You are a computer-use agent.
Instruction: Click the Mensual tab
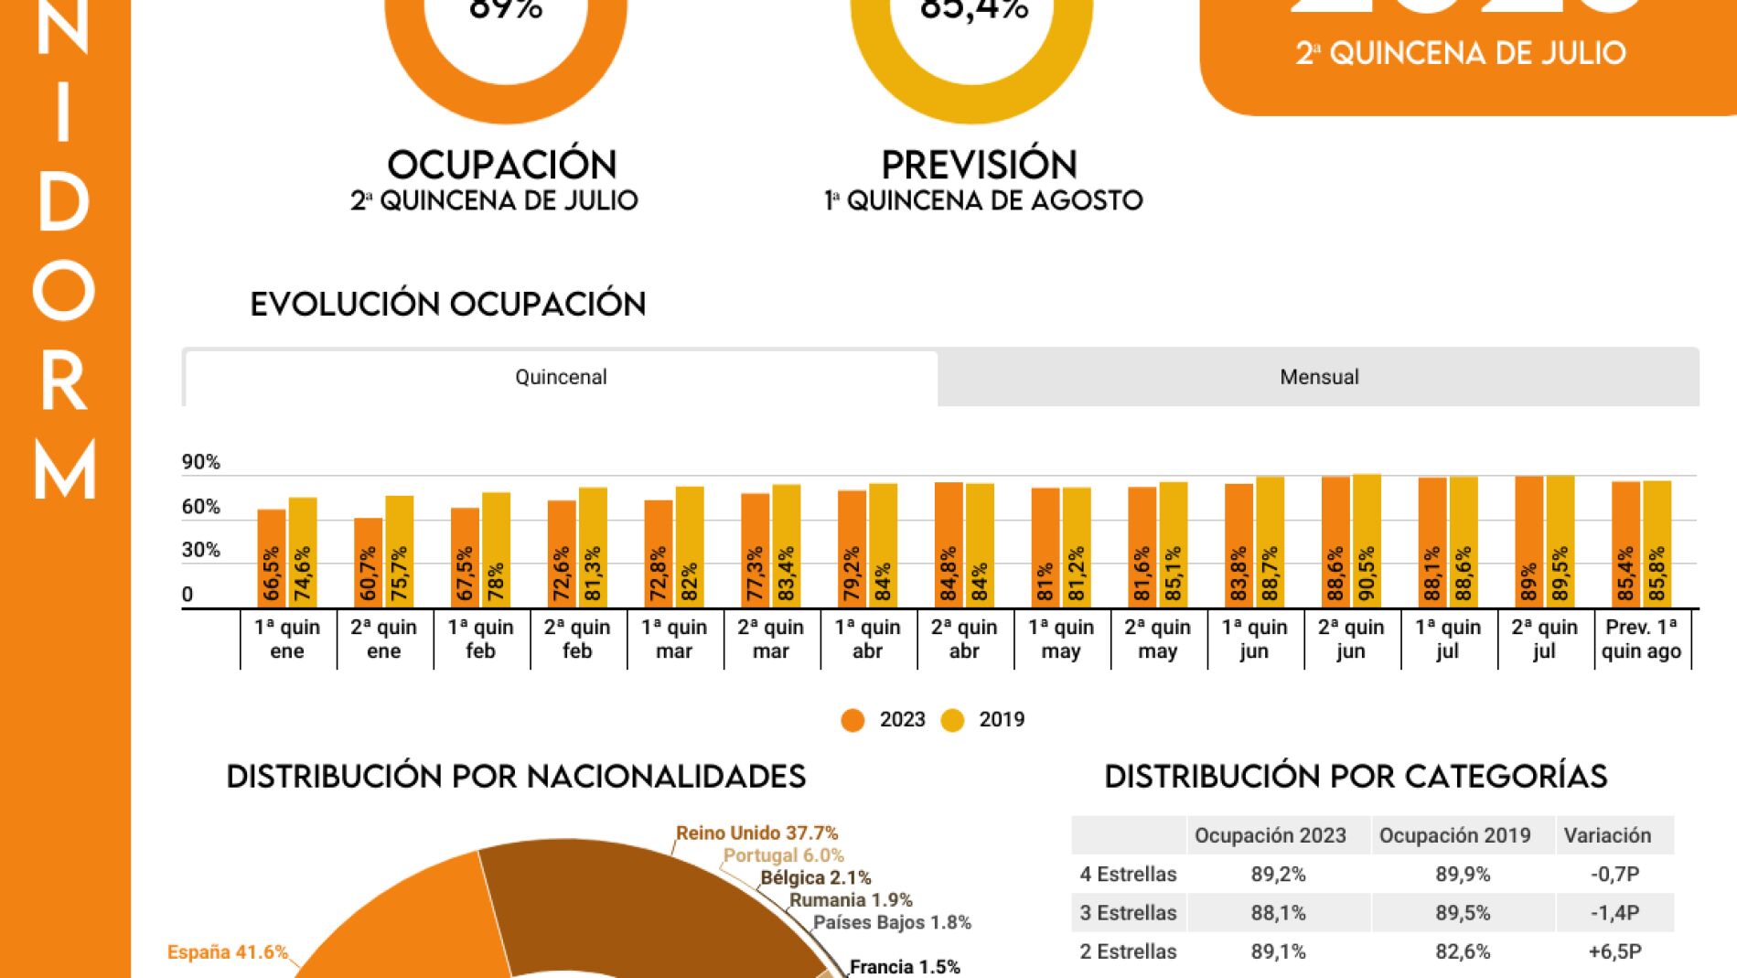pyautogui.click(x=1318, y=377)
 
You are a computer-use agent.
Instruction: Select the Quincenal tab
pyautogui.click(x=561, y=377)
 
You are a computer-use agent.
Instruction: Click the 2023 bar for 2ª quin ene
pyautogui.click(x=368, y=562)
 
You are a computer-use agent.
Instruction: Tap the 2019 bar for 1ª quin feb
pyautogui.click(x=496, y=549)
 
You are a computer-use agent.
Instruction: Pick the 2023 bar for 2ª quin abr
pyautogui.click(x=949, y=544)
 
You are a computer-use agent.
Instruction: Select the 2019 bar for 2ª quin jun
pyautogui.click(x=1367, y=541)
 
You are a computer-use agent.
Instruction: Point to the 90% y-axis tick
pyautogui.click(x=200, y=462)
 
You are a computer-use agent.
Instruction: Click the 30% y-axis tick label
pyautogui.click(x=200, y=550)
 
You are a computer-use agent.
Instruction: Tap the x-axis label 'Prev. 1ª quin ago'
pyautogui.click(x=1641, y=639)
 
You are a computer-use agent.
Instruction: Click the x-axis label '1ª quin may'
pyautogui.click(x=1061, y=639)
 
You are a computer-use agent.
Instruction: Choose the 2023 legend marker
pyautogui.click(x=852, y=720)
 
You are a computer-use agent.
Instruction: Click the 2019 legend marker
pyautogui.click(x=953, y=720)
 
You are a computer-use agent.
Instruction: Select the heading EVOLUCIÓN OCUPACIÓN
pyautogui.click(x=448, y=304)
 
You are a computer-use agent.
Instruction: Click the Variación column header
pyautogui.click(x=1607, y=835)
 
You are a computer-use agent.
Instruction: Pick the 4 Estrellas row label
pyautogui.click(x=1128, y=874)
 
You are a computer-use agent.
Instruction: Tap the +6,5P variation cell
pyautogui.click(x=1614, y=951)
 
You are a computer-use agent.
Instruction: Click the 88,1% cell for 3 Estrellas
pyautogui.click(x=1278, y=913)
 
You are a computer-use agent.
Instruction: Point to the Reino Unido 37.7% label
pyautogui.click(x=756, y=833)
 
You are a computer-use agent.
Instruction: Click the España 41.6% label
pyautogui.click(x=227, y=951)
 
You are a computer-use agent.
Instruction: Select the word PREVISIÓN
pyautogui.click(x=979, y=165)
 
